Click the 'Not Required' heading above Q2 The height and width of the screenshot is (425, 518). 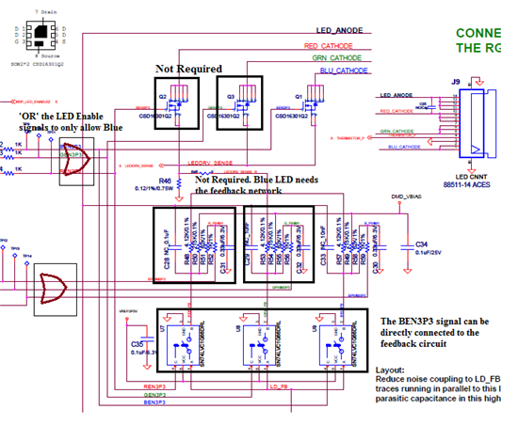(188, 69)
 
